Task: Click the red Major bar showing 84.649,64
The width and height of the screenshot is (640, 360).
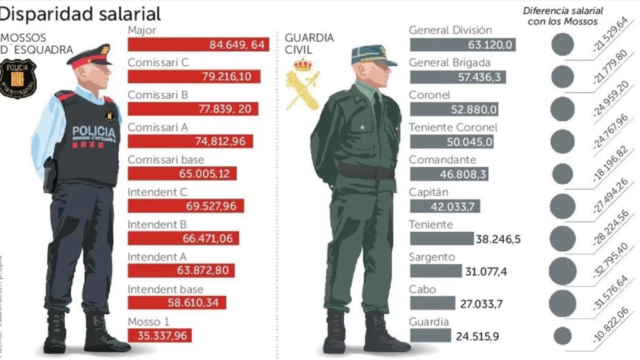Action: point(199,44)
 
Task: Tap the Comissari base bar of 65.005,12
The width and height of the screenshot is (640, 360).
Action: point(182,174)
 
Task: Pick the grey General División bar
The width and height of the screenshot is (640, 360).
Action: point(462,44)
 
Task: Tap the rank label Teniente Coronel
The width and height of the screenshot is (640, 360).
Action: point(453,127)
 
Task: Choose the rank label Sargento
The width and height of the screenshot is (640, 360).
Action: point(432,257)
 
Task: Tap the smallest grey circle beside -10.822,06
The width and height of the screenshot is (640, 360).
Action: point(562,336)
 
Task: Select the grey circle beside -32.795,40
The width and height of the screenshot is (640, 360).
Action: point(562,271)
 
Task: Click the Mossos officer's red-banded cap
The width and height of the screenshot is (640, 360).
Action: point(89,56)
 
